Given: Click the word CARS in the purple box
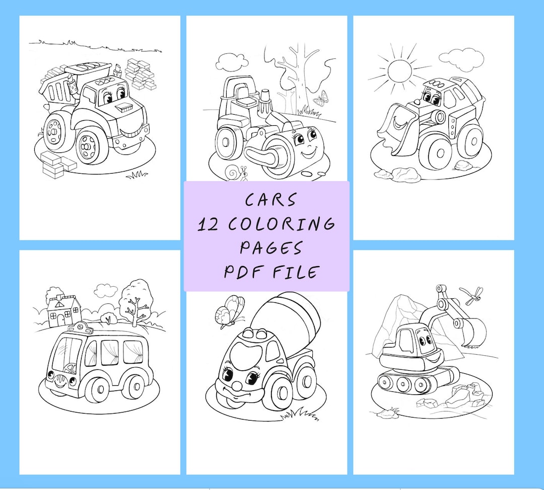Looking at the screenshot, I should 270,200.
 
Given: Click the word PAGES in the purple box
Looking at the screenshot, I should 271,248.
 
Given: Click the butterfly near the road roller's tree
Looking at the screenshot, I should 321,99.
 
